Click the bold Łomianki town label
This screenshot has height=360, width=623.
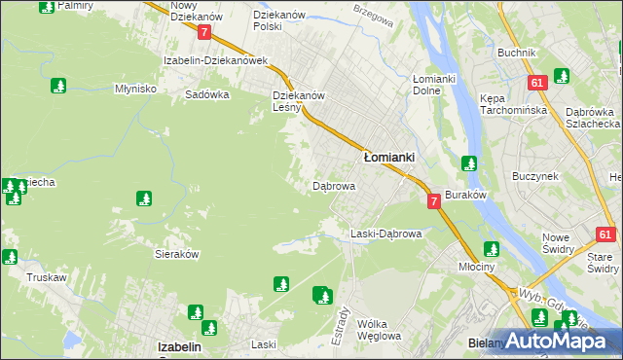pos(389,156)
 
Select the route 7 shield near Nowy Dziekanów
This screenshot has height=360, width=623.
pos(203,32)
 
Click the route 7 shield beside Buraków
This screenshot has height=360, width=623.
pos(433,200)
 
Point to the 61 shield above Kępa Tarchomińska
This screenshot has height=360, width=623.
pos(536,84)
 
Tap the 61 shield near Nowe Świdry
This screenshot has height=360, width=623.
pos(605,234)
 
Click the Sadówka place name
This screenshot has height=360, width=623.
pos(206,95)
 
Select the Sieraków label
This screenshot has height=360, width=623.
pos(177,252)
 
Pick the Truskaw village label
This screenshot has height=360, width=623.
pos(46,277)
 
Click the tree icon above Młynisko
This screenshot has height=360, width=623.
pos(57,86)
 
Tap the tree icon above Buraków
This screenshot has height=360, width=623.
pos(469,163)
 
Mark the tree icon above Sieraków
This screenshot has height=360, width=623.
pos(144,199)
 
